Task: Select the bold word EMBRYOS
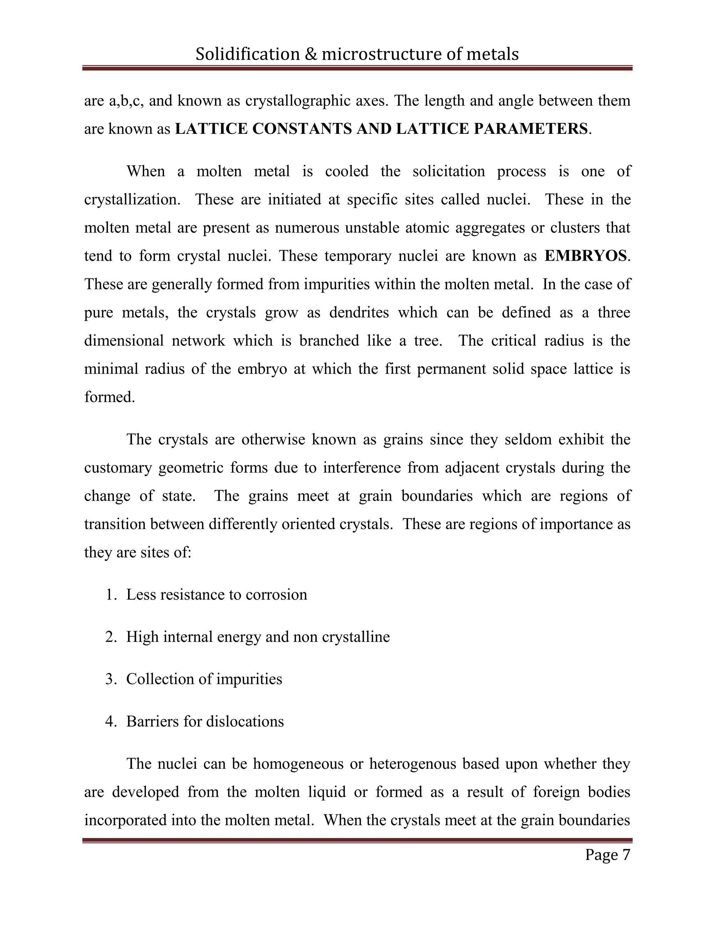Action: pyautogui.click(x=585, y=256)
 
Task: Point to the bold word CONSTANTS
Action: pyautogui.click(x=302, y=129)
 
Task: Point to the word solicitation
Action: pyautogui.click(x=449, y=171)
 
